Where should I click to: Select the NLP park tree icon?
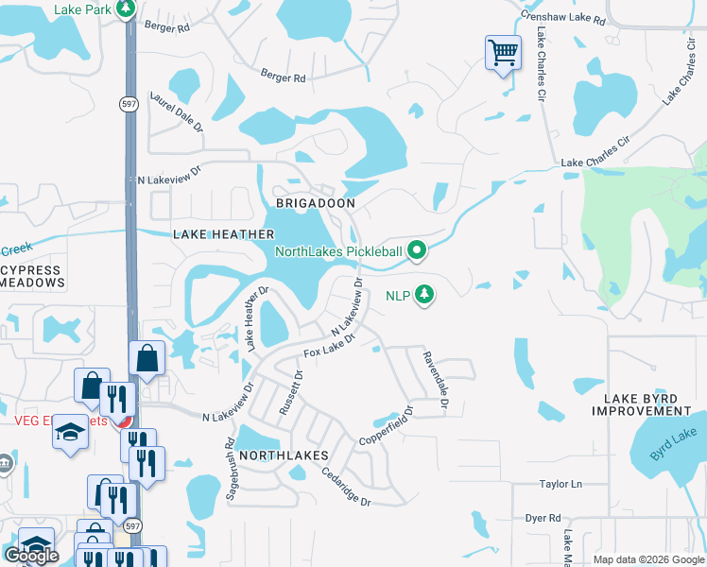[x=425, y=295]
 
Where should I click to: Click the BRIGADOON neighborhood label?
[x=316, y=203]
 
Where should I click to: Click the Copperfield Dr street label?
[x=388, y=427]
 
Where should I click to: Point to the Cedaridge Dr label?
[x=346, y=488]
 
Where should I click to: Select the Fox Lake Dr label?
[x=328, y=345]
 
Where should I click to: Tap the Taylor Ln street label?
[x=560, y=485]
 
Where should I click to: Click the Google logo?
[x=31, y=556]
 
